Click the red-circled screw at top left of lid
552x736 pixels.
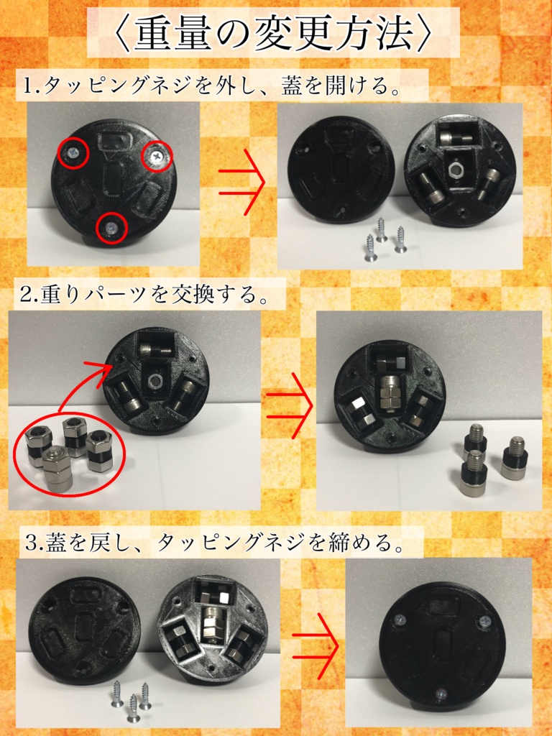tap(73, 152)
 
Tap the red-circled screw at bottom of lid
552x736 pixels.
tap(111, 228)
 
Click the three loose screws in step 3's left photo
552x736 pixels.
tap(131, 699)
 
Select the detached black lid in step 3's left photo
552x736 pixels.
tap(84, 628)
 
